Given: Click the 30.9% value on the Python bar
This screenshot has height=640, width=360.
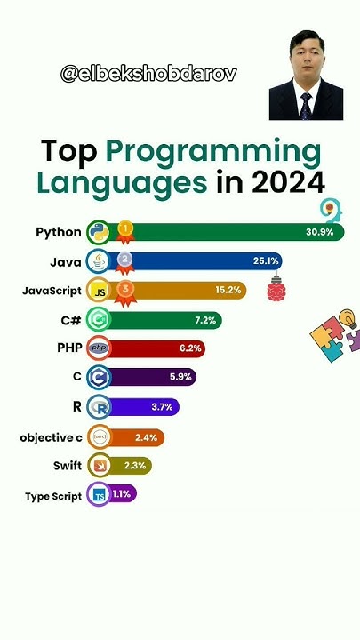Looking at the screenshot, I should click(319, 232).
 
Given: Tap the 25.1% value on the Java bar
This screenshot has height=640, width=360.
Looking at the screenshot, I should click(267, 261).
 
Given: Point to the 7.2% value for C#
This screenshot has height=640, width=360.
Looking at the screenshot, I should click(205, 319).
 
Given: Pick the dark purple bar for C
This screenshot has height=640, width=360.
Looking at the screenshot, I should click(151, 377).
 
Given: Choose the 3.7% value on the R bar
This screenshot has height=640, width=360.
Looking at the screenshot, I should click(161, 406).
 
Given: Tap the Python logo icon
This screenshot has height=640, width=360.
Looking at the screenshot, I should click(99, 232).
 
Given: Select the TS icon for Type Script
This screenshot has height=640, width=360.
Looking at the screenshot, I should click(99, 496).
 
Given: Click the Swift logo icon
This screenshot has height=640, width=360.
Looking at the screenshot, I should click(99, 466).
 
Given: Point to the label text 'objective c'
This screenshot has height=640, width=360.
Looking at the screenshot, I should click(51, 437).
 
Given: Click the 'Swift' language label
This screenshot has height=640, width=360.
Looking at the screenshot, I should click(68, 466).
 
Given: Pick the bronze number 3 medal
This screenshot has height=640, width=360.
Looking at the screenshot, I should click(125, 290).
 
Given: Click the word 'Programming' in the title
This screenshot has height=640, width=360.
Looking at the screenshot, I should click(212, 152).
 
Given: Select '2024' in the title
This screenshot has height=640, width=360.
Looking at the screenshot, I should click(287, 183).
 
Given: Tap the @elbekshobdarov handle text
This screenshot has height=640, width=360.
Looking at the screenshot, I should click(149, 74).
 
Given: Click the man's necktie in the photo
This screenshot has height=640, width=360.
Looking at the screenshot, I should click(306, 105).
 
